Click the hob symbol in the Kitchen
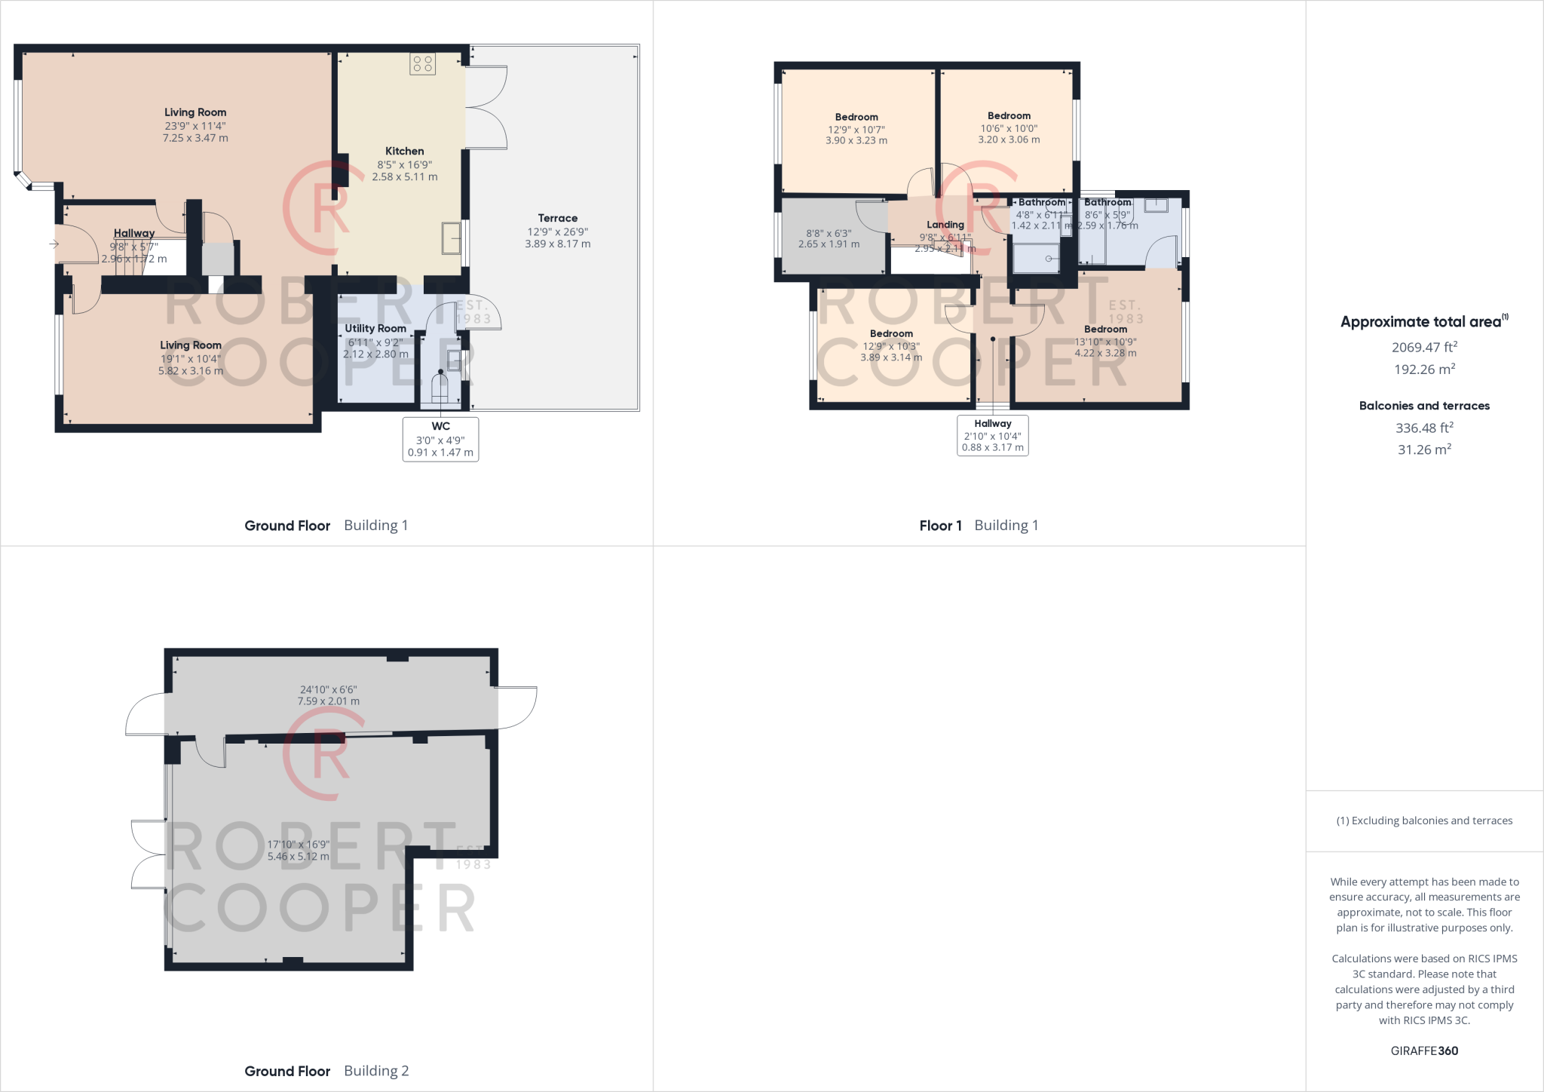(x=422, y=63)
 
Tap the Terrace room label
(x=557, y=218)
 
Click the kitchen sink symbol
(x=452, y=238)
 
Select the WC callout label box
(x=440, y=439)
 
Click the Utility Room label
(x=375, y=329)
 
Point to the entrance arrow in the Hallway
(x=54, y=244)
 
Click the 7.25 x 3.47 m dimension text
(x=195, y=139)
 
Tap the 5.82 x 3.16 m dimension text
(x=191, y=371)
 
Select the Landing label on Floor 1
(x=945, y=225)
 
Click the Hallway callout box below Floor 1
(x=992, y=435)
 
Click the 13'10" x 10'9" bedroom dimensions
(x=1105, y=342)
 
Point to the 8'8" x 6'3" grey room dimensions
(x=829, y=234)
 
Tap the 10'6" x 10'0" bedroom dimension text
(x=1009, y=128)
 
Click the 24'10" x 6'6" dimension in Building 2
(x=328, y=689)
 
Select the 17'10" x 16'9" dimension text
(x=298, y=845)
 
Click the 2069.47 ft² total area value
(x=1423, y=347)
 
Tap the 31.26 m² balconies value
(x=1423, y=449)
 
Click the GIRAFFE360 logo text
(x=1423, y=1051)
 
